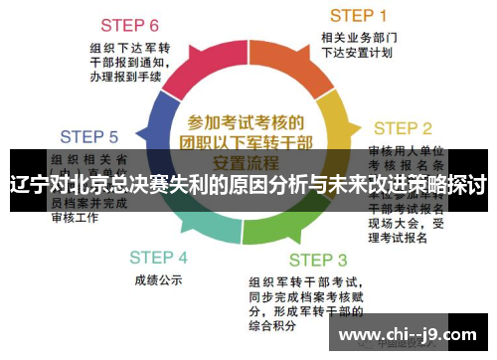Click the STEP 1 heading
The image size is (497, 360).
(x=358, y=15)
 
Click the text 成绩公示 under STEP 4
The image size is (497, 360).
(x=158, y=279)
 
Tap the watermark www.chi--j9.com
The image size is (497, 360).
(x=408, y=334)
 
